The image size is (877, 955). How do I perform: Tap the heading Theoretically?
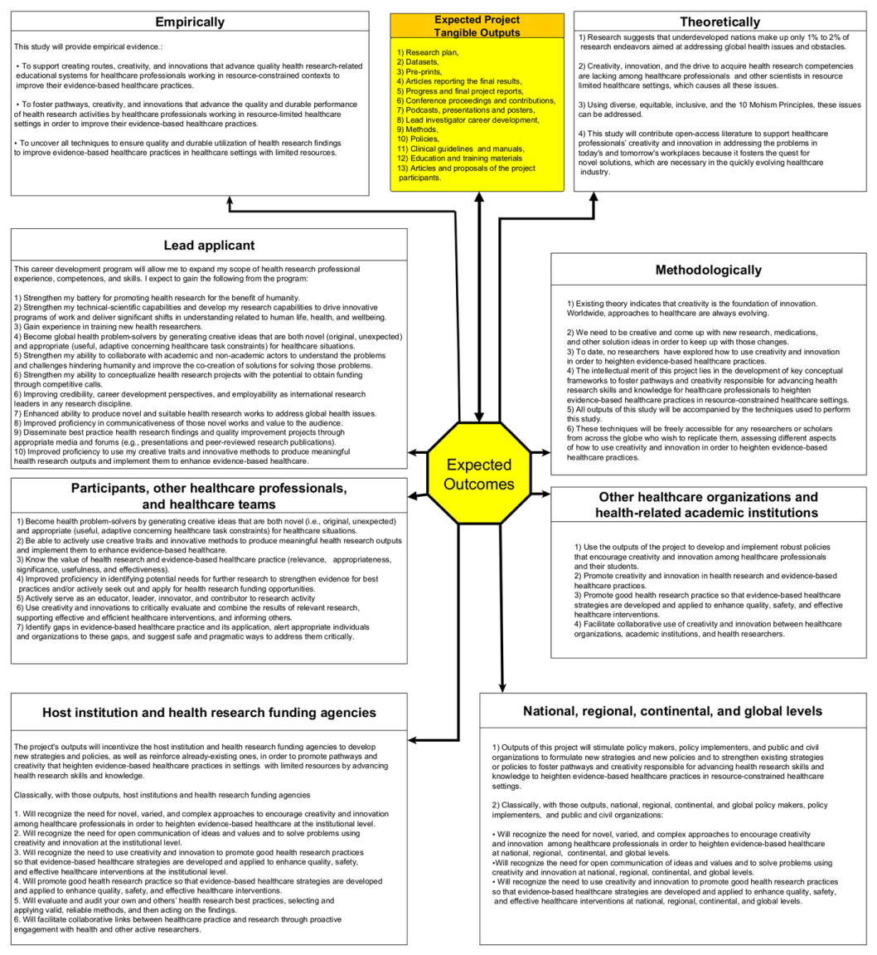click(x=720, y=22)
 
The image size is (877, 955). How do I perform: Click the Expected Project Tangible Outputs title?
click(x=477, y=26)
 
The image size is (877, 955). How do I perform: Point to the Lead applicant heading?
click(x=209, y=245)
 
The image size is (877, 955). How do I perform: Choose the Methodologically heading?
click(x=708, y=270)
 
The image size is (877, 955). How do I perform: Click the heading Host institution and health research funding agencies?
click(x=209, y=712)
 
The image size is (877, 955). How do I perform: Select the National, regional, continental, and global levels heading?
click(x=672, y=710)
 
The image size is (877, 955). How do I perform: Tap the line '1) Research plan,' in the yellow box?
click(x=427, y=52)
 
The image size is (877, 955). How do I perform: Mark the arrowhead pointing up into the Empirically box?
click(x=230, y=200)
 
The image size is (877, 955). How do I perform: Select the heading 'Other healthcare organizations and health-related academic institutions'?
click(x=708, y=504)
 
